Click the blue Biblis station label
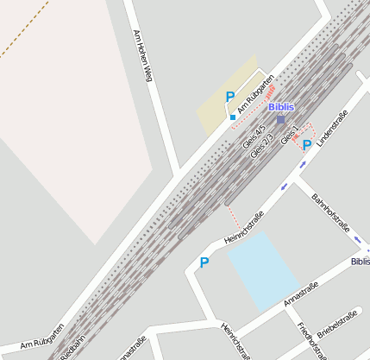point(280,107)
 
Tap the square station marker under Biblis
point(280,119)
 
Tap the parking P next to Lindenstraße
point(307,145)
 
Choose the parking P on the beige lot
point(229,98)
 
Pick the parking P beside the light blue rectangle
point(204,262)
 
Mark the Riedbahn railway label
point(73,347)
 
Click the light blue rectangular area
point(264,270)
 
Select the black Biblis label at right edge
point(360,261)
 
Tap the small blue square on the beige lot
point(233,117)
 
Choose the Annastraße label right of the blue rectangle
point(301,294)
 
